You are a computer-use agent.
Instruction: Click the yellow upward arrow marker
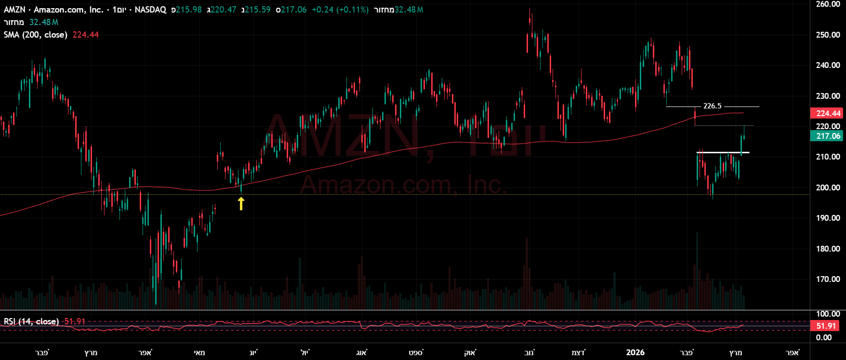(241, 204)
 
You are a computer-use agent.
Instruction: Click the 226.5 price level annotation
(712, 106)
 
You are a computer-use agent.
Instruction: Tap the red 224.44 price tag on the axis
(828, 113)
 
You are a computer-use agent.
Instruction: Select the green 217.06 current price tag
(828, 136)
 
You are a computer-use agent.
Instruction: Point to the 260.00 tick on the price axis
(828, 4)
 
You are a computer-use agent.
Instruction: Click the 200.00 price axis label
(828, 187)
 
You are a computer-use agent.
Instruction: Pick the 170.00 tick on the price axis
(828, 279)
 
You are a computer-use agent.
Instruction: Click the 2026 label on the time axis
(635, 352)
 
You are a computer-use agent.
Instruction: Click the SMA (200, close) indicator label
(36, 35)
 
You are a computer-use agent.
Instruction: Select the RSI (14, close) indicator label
(31, 321)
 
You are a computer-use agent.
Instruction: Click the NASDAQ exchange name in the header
(150, 10)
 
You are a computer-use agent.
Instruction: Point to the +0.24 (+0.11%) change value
(340, 10)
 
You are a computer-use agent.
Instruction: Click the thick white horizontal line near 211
(723, 153)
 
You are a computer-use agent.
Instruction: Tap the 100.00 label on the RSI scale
(828, 314)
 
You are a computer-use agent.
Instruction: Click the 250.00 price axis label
(828, 35)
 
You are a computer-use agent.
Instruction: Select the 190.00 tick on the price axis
(828, 218)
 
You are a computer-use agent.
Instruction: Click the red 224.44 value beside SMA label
(86, 35)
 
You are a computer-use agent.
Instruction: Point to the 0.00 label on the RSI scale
(824, 337)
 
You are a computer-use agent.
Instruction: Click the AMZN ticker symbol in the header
(14, 10)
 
